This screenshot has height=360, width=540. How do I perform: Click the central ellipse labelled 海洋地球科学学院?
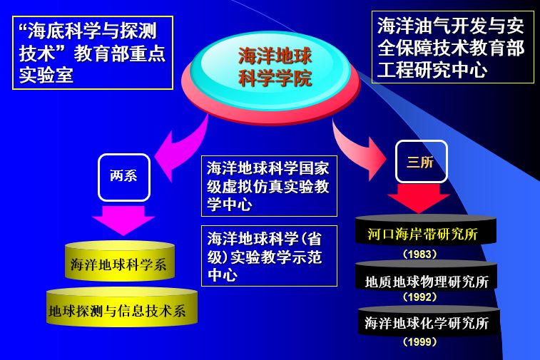275,66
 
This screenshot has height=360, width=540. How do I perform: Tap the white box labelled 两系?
124,177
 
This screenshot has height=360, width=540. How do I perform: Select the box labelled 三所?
421,161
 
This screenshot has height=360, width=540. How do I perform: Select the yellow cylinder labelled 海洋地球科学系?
119,263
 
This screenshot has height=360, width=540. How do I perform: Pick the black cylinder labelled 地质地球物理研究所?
427,280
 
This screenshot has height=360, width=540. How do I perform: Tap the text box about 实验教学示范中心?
269,256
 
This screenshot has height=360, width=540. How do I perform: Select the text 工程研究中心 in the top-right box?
432,70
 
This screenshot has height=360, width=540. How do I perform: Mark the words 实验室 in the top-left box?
46,75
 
